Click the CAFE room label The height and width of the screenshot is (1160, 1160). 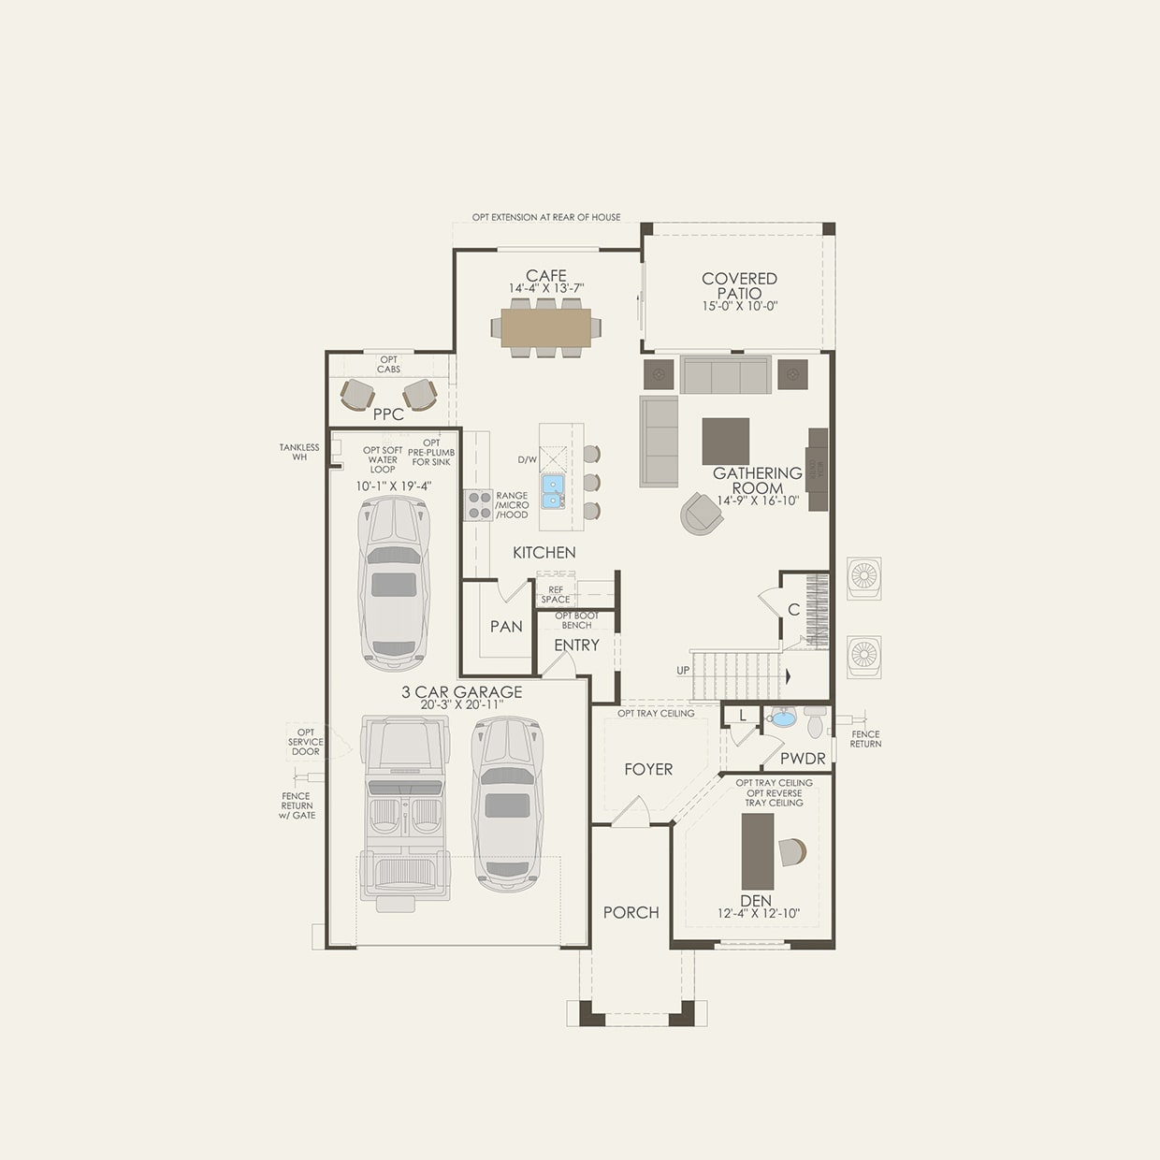[x=545, y=276]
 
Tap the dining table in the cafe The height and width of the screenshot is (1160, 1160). [x=545, y=327]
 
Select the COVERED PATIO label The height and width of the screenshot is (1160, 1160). [x=739, y=285]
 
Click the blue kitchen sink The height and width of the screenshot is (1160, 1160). [x=553, y=491]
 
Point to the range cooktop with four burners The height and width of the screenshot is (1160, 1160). [x=479, y=505]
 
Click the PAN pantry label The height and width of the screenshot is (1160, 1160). [x=506, y=627]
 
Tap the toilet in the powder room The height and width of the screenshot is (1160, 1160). [x=815, y=724]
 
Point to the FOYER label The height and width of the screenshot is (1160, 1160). [x=648, y=769]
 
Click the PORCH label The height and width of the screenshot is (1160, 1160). [x=631, y=912]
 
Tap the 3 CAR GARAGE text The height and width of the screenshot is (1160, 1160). [x=462, y=692]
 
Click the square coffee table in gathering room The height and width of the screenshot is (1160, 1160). [x=726, y=441]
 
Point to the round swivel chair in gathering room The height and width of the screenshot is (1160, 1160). [x=701, y=513]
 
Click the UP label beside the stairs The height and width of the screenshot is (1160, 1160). [x=683, y=671]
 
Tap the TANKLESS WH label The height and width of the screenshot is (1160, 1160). [x=299, y=452]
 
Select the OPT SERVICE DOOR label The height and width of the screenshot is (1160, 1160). [x=306, y=742]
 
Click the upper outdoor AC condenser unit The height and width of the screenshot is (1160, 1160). [x=863, y=578]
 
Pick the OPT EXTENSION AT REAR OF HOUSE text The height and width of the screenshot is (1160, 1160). [x=546, y=217]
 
